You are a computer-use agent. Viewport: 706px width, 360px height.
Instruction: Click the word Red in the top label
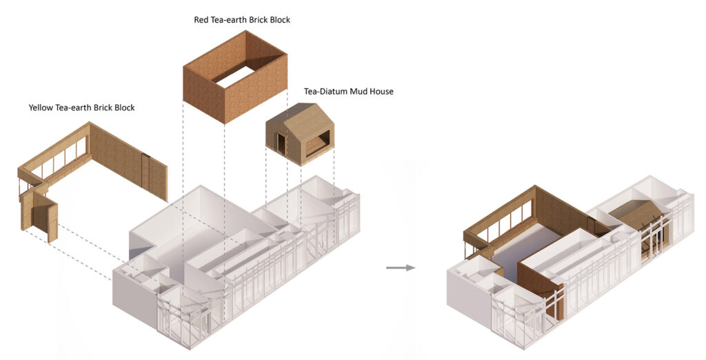pos(203,20)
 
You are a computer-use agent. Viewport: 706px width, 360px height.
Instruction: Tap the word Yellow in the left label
pos(42,108)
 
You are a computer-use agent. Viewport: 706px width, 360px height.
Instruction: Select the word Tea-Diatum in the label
pos(327,91)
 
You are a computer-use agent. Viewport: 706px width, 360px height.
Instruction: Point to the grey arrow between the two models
pos(400,268)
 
